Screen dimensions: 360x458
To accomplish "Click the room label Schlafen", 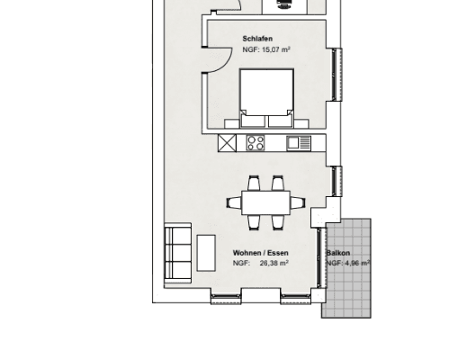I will point(257,39).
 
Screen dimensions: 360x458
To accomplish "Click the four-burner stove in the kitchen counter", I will point(255,143).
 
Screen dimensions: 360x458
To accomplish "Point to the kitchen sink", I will point(299,143).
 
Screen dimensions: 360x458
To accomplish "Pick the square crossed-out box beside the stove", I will point(228,143).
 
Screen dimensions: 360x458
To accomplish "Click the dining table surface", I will point(266,202).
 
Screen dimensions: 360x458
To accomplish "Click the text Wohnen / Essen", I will point(261,253).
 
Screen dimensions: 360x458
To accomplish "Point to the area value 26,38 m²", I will point(274,264).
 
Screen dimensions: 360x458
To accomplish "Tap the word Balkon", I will point(338,254).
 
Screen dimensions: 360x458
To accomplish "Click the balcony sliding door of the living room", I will point(319,261).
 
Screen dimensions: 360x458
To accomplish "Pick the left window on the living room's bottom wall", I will point(226,297).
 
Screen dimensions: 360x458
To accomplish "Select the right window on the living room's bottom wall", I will point(290,297).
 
